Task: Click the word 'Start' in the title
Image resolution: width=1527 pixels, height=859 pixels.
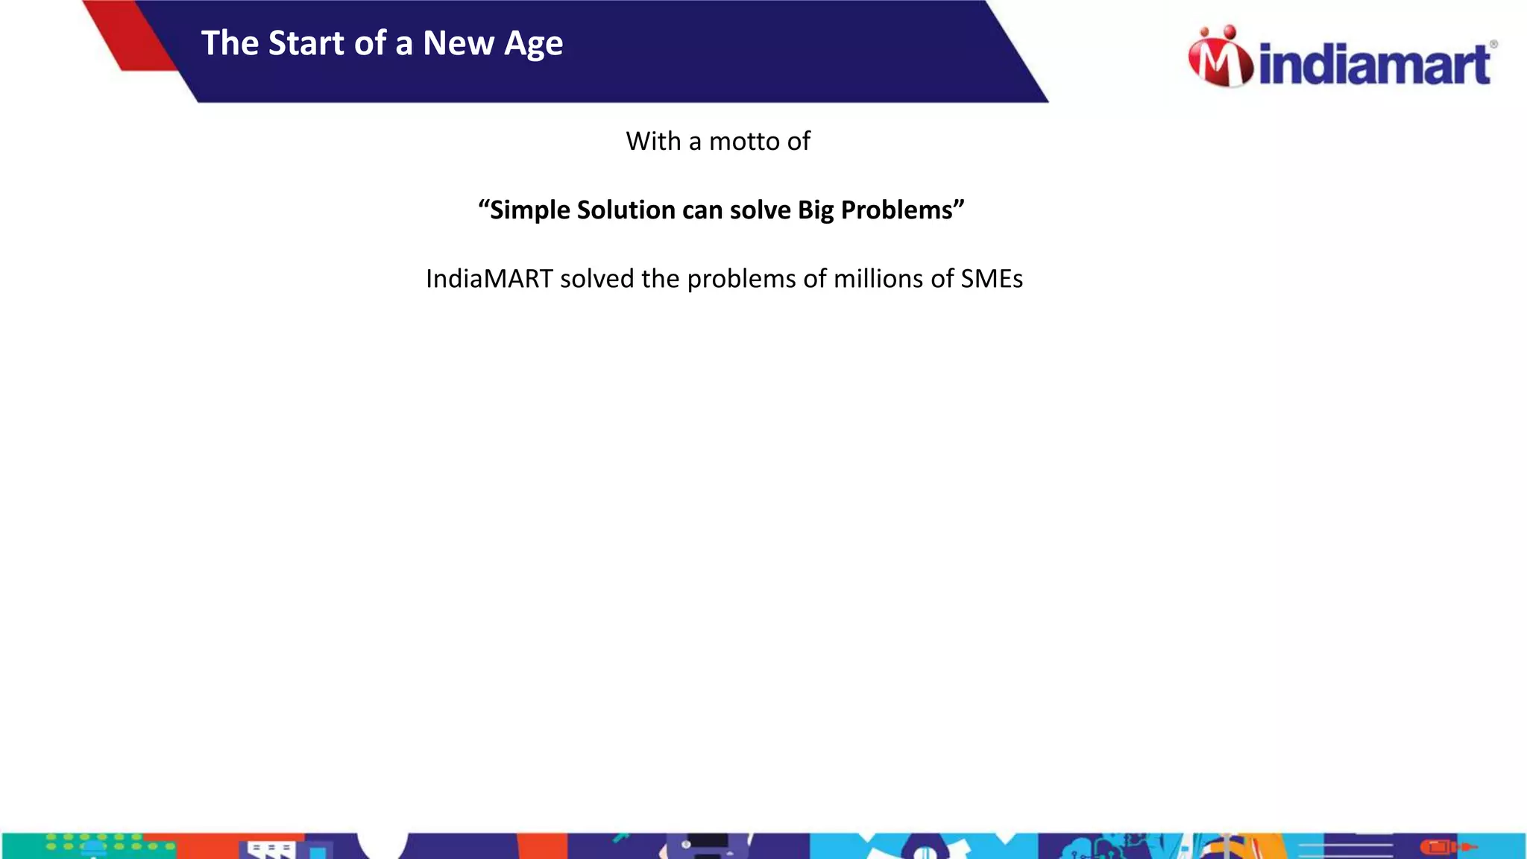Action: tap(306, 43)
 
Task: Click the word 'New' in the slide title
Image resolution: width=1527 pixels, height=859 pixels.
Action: tap(458, 43)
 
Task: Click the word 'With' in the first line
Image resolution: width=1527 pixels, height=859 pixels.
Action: tap(653, 141)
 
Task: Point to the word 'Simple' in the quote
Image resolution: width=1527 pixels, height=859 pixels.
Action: tap(529, 210)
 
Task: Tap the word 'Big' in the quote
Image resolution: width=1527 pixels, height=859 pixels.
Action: tap(815, 210)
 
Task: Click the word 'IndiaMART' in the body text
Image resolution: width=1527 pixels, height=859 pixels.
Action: tap(488, 279)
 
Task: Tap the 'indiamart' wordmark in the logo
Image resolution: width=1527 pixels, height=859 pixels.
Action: tap(1374, 65)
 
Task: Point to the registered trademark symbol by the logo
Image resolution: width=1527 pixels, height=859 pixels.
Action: tap(1493, 45)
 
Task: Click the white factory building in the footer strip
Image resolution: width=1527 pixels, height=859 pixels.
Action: tap(270, 849)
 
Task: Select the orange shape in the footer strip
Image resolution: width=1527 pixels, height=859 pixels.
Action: tap(542, 846)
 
